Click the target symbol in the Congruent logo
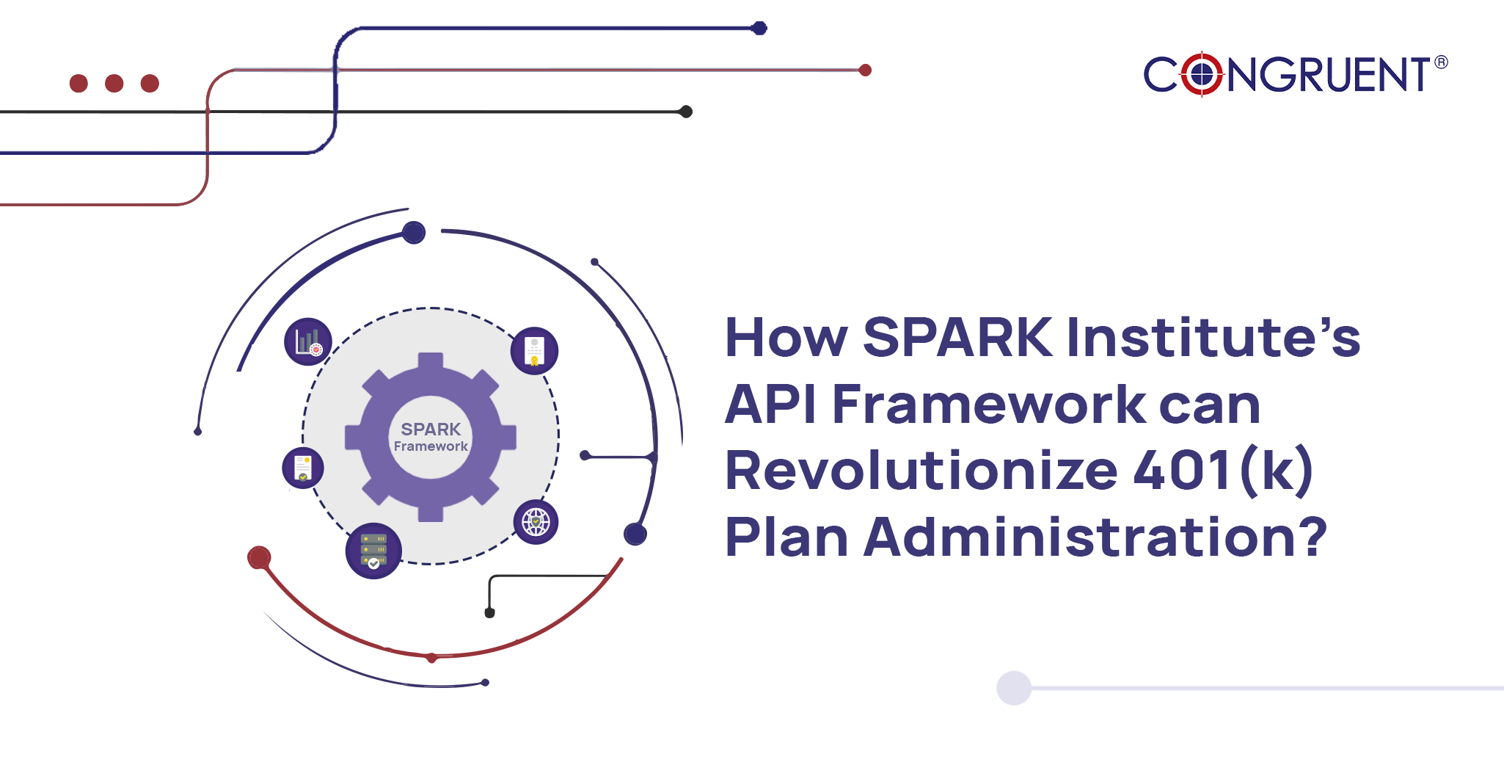click(x=1202, y=74)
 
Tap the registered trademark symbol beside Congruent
click(x=1441, y=62)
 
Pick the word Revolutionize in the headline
click(x=921, y=471)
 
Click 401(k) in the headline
click(x=1223, y=471)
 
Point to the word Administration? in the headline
click(x=1095, y=537)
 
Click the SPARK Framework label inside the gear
click(x=431, y=437)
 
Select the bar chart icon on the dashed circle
click(x=308, y=342)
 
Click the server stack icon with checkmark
click(x=373, y=551)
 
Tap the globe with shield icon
click(x=536, y=522)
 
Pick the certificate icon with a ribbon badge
click(x=534, y=350)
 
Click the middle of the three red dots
click(x=114, y=83)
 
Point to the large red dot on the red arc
click(x=259, y=558)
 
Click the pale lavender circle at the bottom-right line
click(x=1014, y=688)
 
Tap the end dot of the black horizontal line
click(x=686, y=112)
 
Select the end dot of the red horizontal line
click(x=865, y=70)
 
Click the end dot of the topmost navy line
click(x=759, y=29)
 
